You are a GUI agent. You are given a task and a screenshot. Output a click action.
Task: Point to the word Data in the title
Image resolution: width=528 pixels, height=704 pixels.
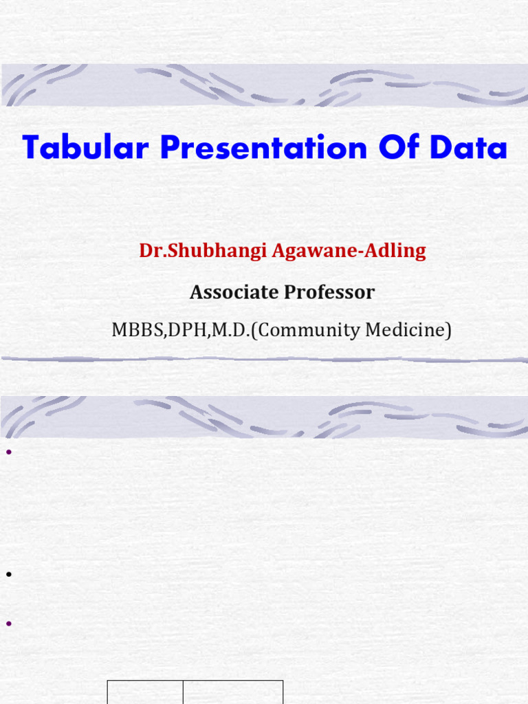click(472, 148)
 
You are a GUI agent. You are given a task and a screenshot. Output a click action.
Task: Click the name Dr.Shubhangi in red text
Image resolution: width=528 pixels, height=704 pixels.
click(203, 251)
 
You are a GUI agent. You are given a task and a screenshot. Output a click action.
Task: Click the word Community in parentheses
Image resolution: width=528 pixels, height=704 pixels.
click(308, 331)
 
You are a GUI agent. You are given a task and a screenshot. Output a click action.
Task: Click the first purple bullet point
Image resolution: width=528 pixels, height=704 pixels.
click(10, 452)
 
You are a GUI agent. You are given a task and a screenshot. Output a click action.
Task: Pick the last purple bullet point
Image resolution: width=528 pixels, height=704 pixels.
click(10, 624)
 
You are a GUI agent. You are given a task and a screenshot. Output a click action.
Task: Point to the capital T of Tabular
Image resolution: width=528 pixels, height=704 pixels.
click(31, 148)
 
